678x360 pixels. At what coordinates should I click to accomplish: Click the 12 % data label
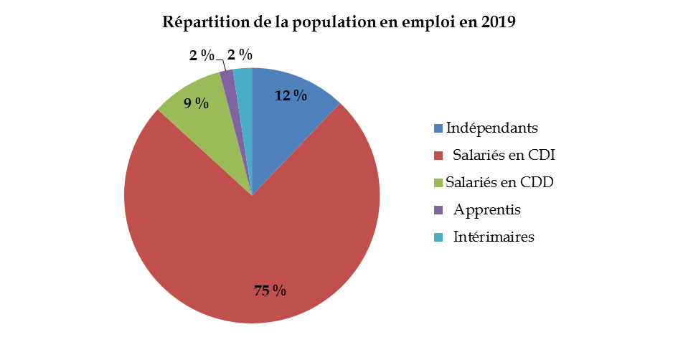click(291, 95)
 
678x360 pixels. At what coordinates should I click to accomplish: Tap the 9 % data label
click(196, 103)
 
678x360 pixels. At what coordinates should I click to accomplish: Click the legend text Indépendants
click(491, 128)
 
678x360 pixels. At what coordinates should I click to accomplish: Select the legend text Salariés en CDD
click(499, 182)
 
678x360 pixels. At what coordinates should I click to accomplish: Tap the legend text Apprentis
click(487, 210)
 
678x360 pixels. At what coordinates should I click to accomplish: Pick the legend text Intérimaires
click(494, 237)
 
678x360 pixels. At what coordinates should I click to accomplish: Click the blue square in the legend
click(438, 128)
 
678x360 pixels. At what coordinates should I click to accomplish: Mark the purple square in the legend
click(438, 210)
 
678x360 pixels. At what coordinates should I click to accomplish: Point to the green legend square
click(438, 183)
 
